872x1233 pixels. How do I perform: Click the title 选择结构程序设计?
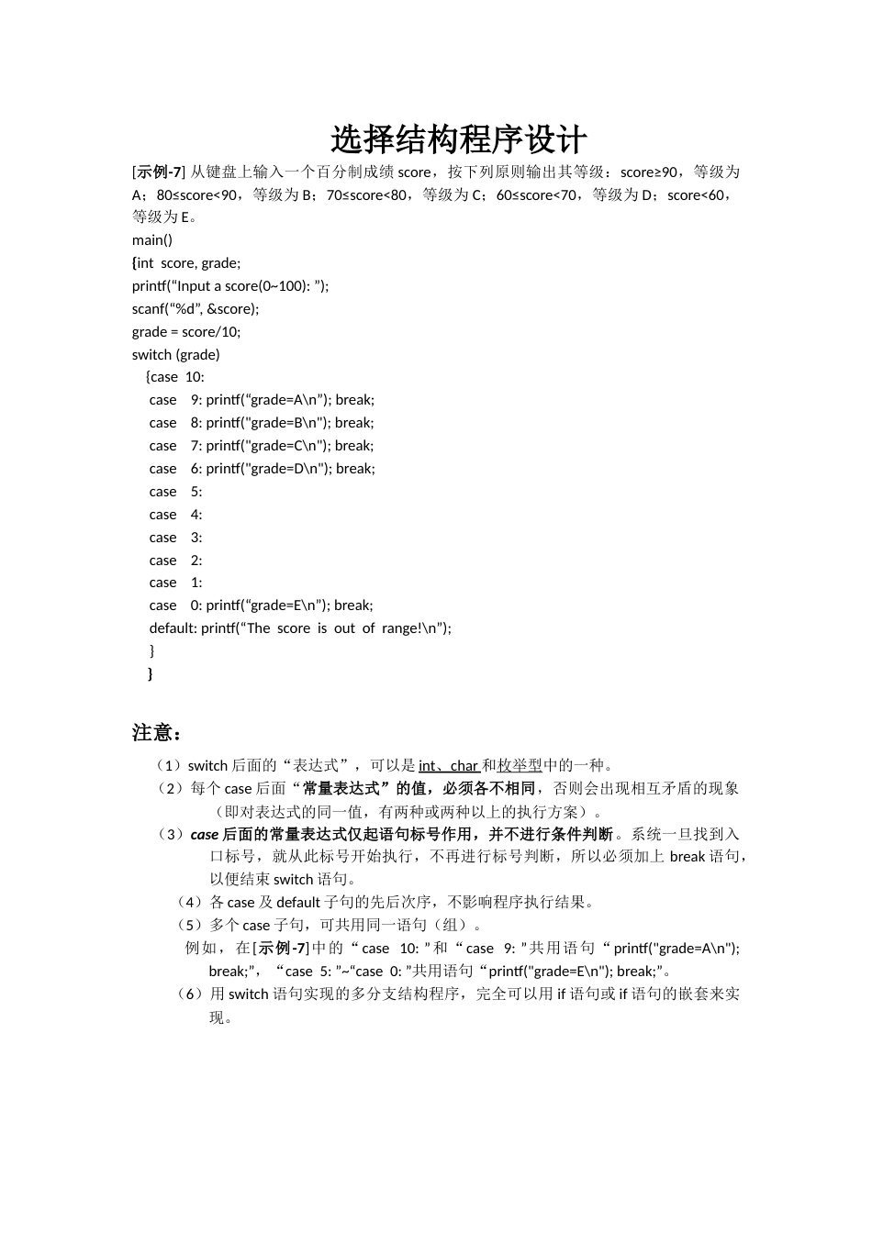458,140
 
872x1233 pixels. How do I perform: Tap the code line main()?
152,240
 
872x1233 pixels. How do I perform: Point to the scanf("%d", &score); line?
196,309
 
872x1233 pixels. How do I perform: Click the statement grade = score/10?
186,332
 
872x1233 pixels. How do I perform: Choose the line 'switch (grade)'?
176,355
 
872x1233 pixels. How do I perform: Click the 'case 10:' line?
177,377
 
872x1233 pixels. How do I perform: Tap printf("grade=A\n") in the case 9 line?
268,400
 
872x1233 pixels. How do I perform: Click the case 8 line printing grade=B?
262,423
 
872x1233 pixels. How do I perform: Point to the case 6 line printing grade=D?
262,469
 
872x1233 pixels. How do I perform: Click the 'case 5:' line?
175,492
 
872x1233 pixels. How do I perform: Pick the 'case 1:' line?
175,583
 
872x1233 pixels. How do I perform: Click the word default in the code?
173,628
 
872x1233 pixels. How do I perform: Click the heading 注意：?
157,733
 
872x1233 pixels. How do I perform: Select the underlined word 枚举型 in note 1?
520,766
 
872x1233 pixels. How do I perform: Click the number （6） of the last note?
191,994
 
